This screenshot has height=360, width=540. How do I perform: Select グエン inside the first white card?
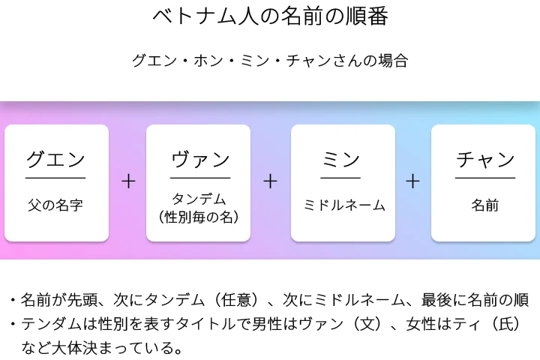click(56, 159)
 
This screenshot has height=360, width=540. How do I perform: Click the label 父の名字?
click(56, 205)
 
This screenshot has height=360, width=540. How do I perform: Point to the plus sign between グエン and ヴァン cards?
click(128, 181)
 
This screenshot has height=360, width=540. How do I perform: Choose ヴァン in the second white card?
click(200, 159)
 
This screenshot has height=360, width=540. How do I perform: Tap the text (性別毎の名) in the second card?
click(199, 217)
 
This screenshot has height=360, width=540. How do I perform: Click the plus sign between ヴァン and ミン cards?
click(270, 181)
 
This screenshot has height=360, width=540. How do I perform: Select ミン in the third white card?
click(341, 159)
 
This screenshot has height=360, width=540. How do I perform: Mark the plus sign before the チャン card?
click(412, 181)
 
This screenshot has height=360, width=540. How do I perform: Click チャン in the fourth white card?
click(485, 159)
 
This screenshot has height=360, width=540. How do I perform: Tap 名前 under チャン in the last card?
click(485, 205)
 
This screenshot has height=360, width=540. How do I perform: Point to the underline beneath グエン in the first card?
click(56, 178)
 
